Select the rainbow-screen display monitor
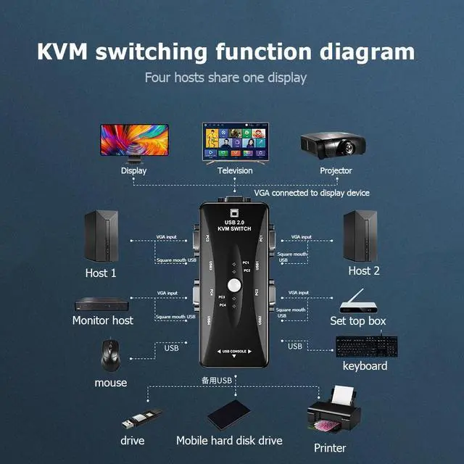click(x=134, y=141)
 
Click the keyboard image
click(x=365, y=346)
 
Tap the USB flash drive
click(x=138, y=419)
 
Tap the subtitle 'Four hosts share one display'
click(x=225, y=77)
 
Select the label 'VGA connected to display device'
click(x=311, y=193)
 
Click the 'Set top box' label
click(x=357, y=320)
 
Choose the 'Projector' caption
click(x=336, y=170)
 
